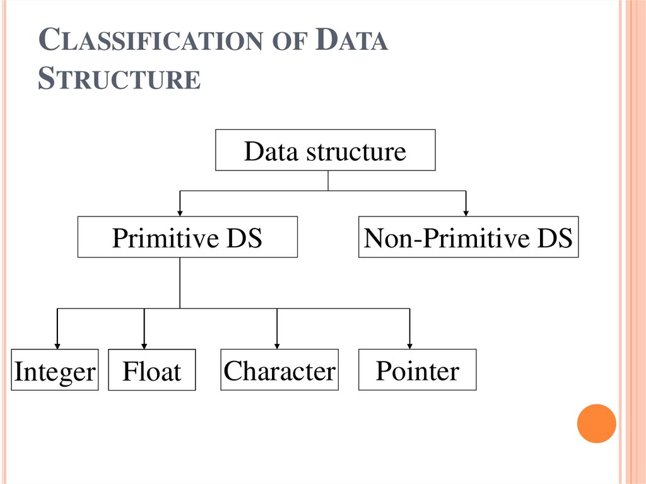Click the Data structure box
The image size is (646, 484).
tap(325, 150)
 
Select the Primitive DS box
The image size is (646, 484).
tap(187, 237)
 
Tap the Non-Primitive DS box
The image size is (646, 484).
tap(468, 237)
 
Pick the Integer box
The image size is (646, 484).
tap(55, 370)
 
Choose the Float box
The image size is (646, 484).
tap(151, 370)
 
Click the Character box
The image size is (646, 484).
tap(279, 370)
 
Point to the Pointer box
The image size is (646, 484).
tap(417, 370)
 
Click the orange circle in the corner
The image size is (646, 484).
tap(596, 423)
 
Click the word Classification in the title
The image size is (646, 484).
tap(150, 42)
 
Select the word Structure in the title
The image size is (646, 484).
tap(119, 80)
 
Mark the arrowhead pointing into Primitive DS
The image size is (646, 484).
tap(180, 212)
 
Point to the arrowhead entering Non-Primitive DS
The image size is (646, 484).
tap(466, 212)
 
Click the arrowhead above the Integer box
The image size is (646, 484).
tap(58, 345)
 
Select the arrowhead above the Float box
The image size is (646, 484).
tap(144, 345)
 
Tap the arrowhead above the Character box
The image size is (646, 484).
tap(277, 345)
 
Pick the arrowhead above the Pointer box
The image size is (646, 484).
tap(410, 345)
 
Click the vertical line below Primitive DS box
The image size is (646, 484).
tap(180, 282)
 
